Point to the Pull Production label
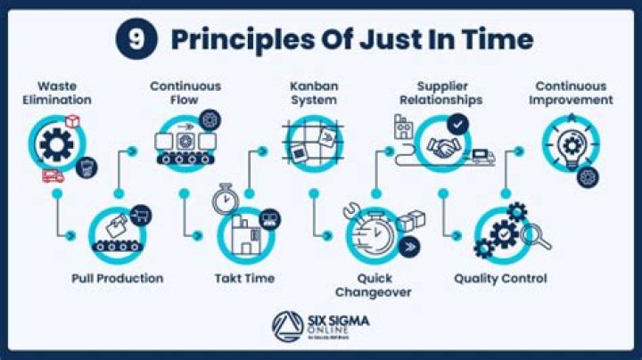coord(118,278)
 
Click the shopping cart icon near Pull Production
coord(139,214)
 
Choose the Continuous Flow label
coord(185,93)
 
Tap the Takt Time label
coord(244,278)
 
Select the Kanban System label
coord(313,93)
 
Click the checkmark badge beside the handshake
coord(458,125)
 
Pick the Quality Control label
coord(500,278)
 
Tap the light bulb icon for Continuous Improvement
coord(571,143)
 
